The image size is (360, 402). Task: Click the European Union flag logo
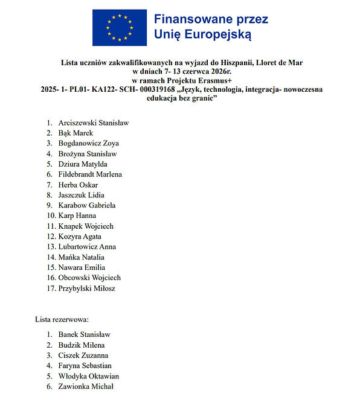click(119, 27)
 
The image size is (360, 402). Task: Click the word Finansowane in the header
click(187, 19)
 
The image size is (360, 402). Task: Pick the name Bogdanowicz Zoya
click(88, 143)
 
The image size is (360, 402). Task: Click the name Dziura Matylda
click(83, 164)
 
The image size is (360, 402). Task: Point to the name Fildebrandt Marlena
click(90, 174)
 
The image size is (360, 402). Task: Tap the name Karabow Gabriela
click(86, 205)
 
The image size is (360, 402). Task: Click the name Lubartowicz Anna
click(87, 247)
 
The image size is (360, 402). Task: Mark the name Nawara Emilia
click(82, 267)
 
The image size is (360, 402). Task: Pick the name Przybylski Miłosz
click(86, 288)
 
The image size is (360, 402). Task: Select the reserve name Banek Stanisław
click(84, 334)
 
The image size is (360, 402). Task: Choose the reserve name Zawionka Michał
click(85, 386)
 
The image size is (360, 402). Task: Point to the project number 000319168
click(147, 89)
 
